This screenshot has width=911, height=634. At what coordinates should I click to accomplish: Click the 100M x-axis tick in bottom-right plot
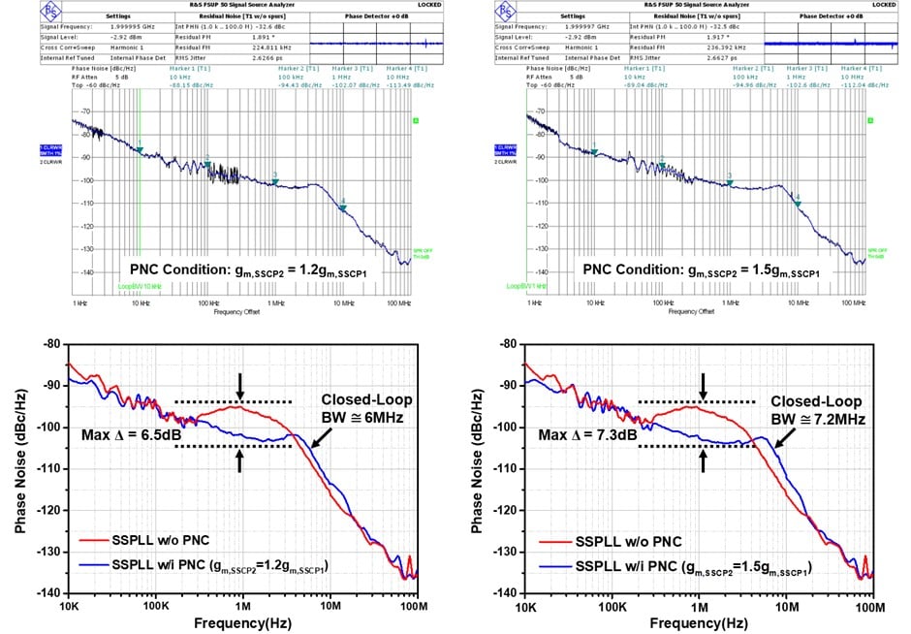[x=870, y=607]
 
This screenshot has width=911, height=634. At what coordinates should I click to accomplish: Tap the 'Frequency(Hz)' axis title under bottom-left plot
[x=242, y=622]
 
